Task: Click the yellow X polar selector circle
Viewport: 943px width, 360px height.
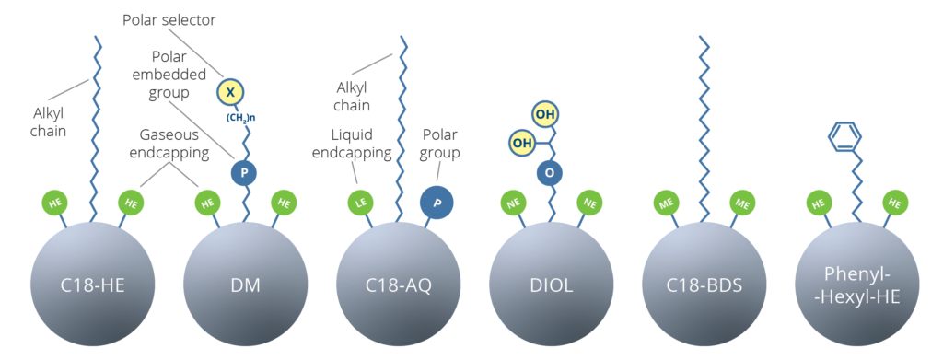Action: point(230,92)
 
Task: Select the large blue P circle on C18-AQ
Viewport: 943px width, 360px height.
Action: point(437,203)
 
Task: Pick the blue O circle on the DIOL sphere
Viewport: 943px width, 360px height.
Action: point(551,172)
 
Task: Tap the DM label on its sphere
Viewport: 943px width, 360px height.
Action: point(244,285)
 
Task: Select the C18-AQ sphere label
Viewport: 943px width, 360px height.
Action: point(398,285)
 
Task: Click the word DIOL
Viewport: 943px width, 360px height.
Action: point(551,285)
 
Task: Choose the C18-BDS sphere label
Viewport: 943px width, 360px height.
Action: point(704,285)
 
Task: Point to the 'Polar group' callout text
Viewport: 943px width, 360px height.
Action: point(439,144)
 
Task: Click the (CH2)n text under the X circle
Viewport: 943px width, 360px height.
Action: point(242,116)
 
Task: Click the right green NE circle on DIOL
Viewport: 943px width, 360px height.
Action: point(589,201)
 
